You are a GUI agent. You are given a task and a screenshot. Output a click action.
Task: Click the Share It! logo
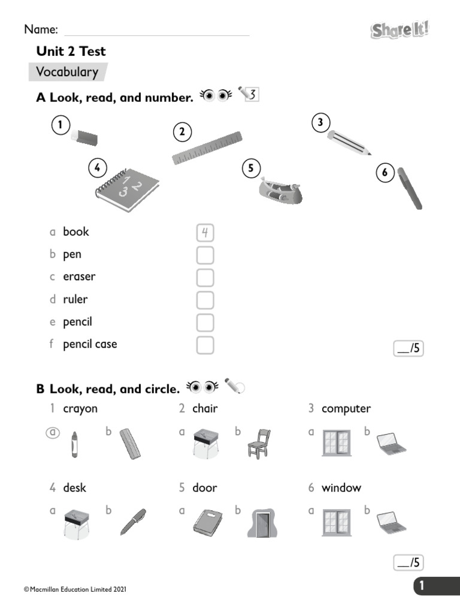400,29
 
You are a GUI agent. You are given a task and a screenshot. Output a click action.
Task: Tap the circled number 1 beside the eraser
60,125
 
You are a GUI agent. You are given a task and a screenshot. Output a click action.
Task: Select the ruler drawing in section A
207,148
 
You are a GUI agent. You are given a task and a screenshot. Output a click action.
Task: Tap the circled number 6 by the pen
385,173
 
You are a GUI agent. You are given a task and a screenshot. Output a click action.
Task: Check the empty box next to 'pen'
205,255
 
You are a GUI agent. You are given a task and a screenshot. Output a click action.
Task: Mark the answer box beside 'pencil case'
205,345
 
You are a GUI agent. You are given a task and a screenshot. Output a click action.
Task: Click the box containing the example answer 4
205,232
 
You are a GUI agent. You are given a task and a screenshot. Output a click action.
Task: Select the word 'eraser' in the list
79,277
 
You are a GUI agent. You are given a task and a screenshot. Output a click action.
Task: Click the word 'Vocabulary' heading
66,72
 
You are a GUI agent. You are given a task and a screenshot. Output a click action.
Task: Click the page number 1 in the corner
422,586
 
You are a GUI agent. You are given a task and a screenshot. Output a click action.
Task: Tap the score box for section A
408,348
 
